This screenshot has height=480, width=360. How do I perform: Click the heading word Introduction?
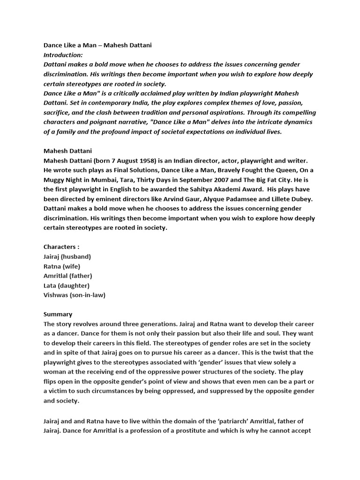[x=62, y=55]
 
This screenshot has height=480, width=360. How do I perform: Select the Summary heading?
[x=58, y=314]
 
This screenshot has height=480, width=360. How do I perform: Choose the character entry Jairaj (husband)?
[x=67, y=256]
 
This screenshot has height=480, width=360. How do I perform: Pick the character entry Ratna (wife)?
[x=62, y=266]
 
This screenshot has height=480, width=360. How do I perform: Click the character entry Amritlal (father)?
[x=67, y=276]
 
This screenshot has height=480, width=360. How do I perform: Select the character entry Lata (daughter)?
[x=67, y=285]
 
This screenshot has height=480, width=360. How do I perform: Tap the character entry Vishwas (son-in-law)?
[x=74, y=295]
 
